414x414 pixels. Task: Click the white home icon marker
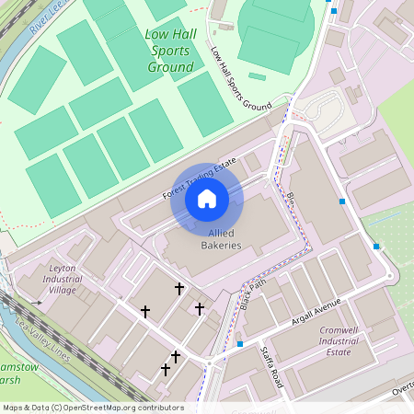point(206,199)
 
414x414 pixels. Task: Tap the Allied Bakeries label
point(221,239)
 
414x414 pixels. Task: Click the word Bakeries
point(221,246)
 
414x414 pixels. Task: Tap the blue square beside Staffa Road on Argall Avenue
point(239,344)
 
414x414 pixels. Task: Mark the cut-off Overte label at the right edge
point(402,390)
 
